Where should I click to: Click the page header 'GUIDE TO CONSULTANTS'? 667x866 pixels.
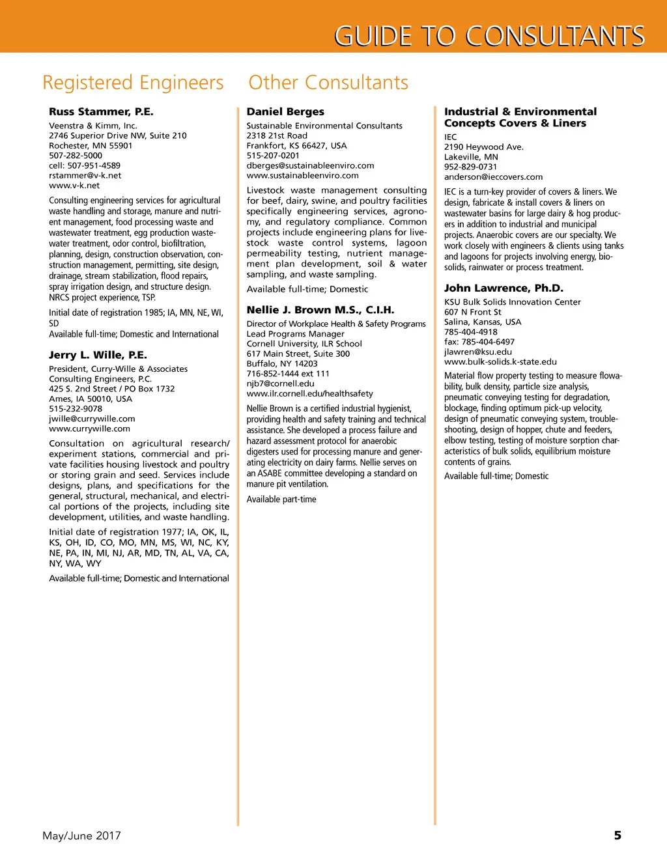pyautogui.click(x=489, y=36)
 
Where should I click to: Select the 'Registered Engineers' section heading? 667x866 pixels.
pyautogui.click(x=133, y=83)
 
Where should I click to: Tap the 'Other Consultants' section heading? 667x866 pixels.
pyautogui.click(x=328, y=83)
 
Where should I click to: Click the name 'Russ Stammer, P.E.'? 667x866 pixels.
pyautogui.click(x=101, y=112)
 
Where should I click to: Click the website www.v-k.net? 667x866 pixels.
pyautogui.click(x=74, y=186)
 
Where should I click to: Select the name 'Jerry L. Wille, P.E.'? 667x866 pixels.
pyautogui.click(x=98, y=355)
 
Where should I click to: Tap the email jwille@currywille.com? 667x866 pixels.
pyautogui.click(x=92, y=419)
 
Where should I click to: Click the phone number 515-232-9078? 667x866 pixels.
pyautogui.click(x=76, y=409)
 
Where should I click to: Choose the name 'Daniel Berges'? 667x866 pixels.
pyautogui.click(x=285, y=112)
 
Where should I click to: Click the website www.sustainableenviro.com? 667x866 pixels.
pyautogui.click(x=302, y=175)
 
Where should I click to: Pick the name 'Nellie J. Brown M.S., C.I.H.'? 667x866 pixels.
pyautogui.click(x=320, y=310)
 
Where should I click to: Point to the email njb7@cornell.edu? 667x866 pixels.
pyautogui.click(x=280, y=384)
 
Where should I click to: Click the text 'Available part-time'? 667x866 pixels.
pyautogui.click(x=281, y=499)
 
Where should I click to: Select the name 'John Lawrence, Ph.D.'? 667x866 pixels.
pyautogui.click(x=504, y=288)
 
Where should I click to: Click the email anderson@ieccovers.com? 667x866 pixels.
pyautogui.click(x=493, y=176)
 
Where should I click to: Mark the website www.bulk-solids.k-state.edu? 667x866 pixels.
pyautogui.click(x=500, y=362)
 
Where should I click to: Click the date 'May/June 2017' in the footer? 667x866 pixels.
pyautogui.click(x=81, y=835)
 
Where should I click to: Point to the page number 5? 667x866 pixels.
pyautogui.click(x=617, y=835)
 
